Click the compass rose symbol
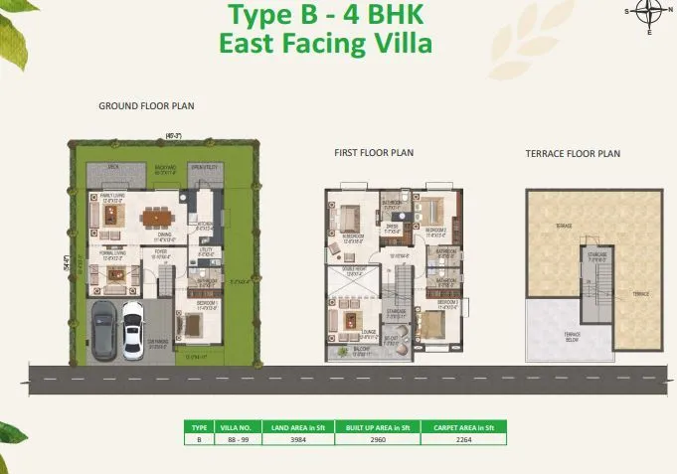point(649,13)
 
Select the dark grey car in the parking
point(103,327)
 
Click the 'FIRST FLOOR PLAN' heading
point(373,153)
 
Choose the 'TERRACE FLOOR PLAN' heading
point(573,154)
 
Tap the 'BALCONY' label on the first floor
point(359,350)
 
